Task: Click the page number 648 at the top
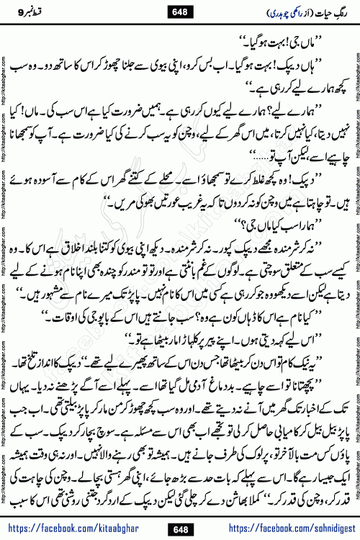[180, 10]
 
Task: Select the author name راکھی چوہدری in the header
[274, 10]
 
